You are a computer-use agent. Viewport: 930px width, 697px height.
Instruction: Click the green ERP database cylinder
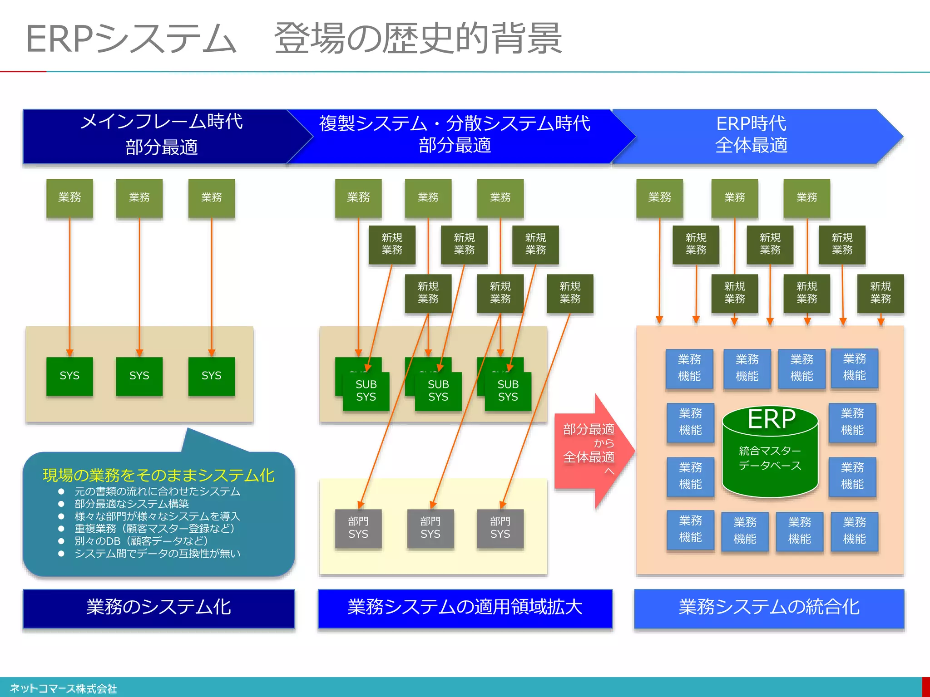770,454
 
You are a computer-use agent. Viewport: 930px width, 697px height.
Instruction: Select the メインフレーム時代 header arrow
161,135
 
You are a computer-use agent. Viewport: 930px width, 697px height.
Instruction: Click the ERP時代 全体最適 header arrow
752,135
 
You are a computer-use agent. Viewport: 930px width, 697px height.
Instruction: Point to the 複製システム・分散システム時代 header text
454,123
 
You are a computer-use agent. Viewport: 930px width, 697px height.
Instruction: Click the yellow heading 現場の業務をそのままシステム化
158,475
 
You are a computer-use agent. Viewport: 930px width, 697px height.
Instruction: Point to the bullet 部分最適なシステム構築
132,504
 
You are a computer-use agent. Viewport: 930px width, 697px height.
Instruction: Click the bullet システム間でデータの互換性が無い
157,554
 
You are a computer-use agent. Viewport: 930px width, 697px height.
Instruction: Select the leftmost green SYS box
69,376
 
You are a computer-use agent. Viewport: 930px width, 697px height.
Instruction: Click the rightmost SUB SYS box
508,391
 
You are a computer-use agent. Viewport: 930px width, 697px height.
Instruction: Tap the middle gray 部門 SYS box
430,528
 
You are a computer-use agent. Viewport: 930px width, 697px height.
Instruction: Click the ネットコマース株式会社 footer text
63,689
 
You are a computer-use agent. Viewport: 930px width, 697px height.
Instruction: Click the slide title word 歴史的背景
472,39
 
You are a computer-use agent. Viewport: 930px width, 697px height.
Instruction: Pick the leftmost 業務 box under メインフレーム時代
69,198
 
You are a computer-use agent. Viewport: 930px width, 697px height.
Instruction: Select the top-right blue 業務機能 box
854,368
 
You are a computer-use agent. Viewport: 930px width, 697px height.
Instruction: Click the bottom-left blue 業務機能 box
690,530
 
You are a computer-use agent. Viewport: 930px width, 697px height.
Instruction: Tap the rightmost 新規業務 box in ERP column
880,293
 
